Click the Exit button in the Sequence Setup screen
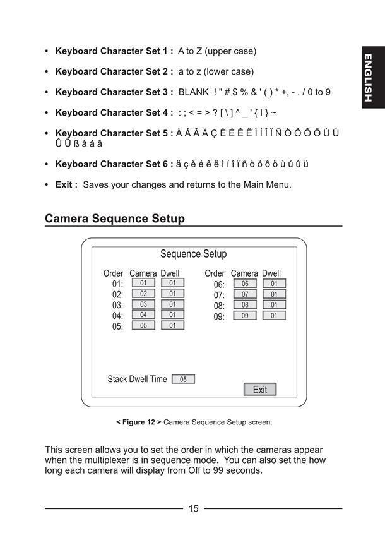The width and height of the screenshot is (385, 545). tap(260, 389)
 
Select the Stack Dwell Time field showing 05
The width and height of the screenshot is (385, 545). tap(183, 379)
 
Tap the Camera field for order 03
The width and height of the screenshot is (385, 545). tap(143, 304)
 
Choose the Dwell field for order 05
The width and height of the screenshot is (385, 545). tap(173, 325)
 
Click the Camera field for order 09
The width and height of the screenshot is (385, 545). tap(245, 315)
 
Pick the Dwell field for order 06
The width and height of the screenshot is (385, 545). tap(274, 284)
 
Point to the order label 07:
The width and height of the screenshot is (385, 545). tap(219, 295)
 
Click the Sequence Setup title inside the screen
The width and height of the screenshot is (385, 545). tap(194, 254)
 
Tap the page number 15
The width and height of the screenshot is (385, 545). tap(194, 508)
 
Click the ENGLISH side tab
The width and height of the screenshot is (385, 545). tap(373, 77)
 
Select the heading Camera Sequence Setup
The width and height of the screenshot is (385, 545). tap(115, 219)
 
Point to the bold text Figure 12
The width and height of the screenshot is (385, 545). tap(139, 422)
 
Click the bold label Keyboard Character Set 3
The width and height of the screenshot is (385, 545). tap(112, 92)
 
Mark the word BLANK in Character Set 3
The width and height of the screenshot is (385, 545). tap(194, 92)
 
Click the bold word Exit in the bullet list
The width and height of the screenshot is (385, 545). tap(64, 184)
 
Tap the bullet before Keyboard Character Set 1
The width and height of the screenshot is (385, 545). tap(47, 51)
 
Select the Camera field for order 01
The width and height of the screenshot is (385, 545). tap(143, 282)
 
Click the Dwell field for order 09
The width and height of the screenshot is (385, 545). tap(274, 315)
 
